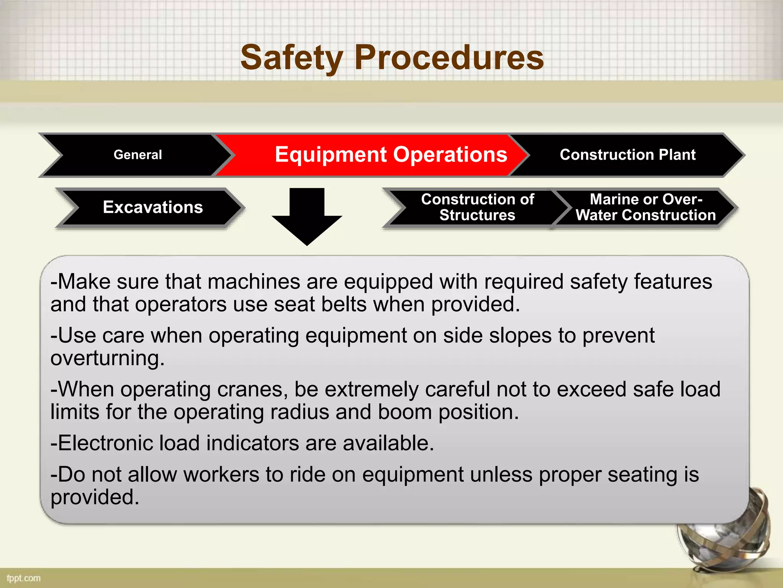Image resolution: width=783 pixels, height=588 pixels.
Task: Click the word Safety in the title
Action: coord(291,58)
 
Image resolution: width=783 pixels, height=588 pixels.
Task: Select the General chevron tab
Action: coord(138,155)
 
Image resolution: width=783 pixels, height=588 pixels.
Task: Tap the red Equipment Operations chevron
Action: coord(391,155)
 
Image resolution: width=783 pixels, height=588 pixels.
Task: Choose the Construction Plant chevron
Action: coord(627,155)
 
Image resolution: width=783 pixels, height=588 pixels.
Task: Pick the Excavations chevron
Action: coord(153,207)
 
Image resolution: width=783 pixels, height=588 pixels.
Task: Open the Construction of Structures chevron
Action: coord(477,207)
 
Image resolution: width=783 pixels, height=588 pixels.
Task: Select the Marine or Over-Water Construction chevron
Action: coord(646,207)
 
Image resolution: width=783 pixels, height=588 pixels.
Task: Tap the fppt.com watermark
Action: coord(24,578)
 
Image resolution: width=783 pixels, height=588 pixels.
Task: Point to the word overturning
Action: coord(107,359)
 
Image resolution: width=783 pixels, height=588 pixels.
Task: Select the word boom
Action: coord(405,412)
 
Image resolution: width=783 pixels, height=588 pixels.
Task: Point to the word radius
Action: coord(299,412)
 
